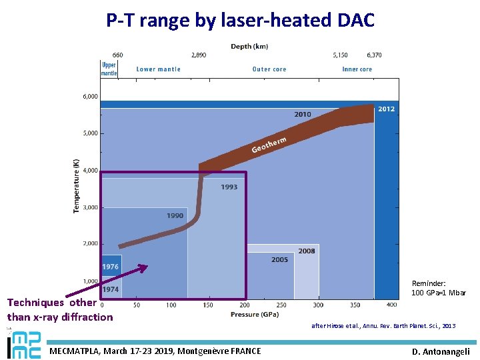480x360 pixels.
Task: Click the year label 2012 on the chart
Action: [x=386, y=109]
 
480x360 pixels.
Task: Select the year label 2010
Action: [x=303, y=114]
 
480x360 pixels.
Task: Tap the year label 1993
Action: [x=229, y=187]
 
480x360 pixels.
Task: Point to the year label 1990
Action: [x=175, y=215]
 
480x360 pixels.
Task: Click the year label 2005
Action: [x=280, y=259]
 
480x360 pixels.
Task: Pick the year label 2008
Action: [x=307, y=251]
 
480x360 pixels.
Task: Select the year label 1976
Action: [x=111, y=267]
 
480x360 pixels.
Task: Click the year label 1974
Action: [x=111, y=289]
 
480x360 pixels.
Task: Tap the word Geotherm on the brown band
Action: [x=269, y=144]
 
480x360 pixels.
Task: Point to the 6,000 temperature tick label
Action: [x=90, y=96]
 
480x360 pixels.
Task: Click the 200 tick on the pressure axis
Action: [x=245, y=305]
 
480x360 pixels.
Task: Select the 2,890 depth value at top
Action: [x=198, y=55]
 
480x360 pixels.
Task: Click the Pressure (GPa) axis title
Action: [x=255, y=314]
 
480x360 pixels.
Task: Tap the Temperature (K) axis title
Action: [x=76, y=185]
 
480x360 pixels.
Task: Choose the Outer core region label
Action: [x=269, y=69]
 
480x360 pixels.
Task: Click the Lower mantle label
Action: [x=158, y=69]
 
